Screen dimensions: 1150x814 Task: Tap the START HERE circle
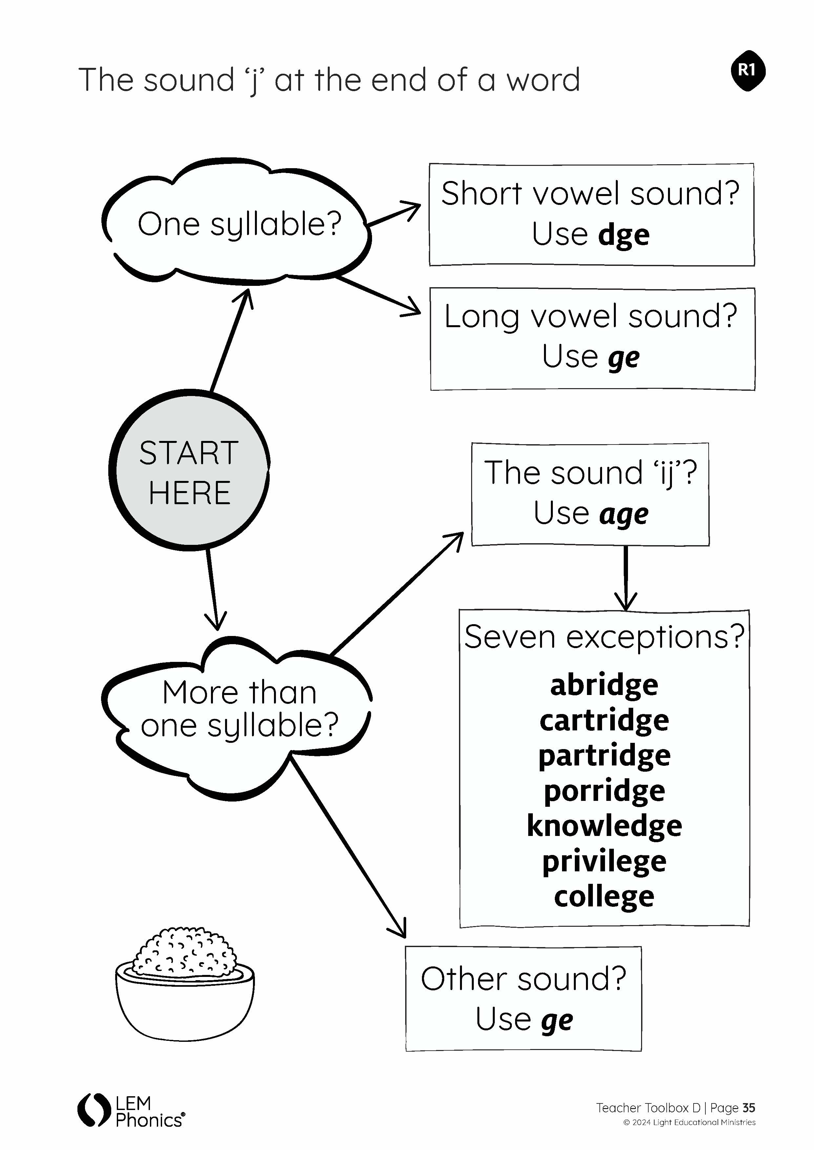(189, 471)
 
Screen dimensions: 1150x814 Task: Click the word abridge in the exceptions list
(604, 686)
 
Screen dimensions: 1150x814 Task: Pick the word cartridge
(604, 721)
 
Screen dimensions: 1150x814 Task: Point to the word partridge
(604, 756)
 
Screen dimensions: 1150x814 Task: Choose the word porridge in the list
(604, 791)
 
